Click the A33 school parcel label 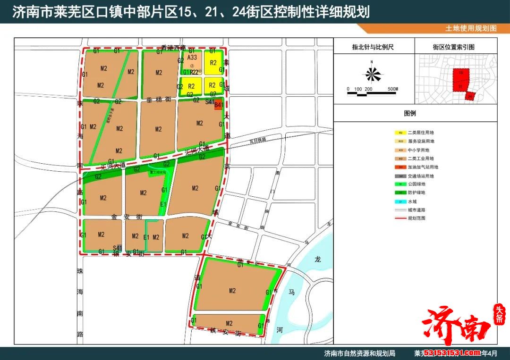(x=192, y=57)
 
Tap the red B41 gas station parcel (x=218, y=105)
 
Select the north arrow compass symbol (x=372, y=75)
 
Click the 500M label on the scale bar (x=392, y=89)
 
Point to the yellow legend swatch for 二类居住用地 (x=400, y=133)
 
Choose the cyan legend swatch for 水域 (x=400, y=201)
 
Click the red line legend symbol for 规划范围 (x=400, y=218)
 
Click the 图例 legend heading (x=409, y=114)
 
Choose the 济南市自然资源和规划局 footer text (x=359, y=353)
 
